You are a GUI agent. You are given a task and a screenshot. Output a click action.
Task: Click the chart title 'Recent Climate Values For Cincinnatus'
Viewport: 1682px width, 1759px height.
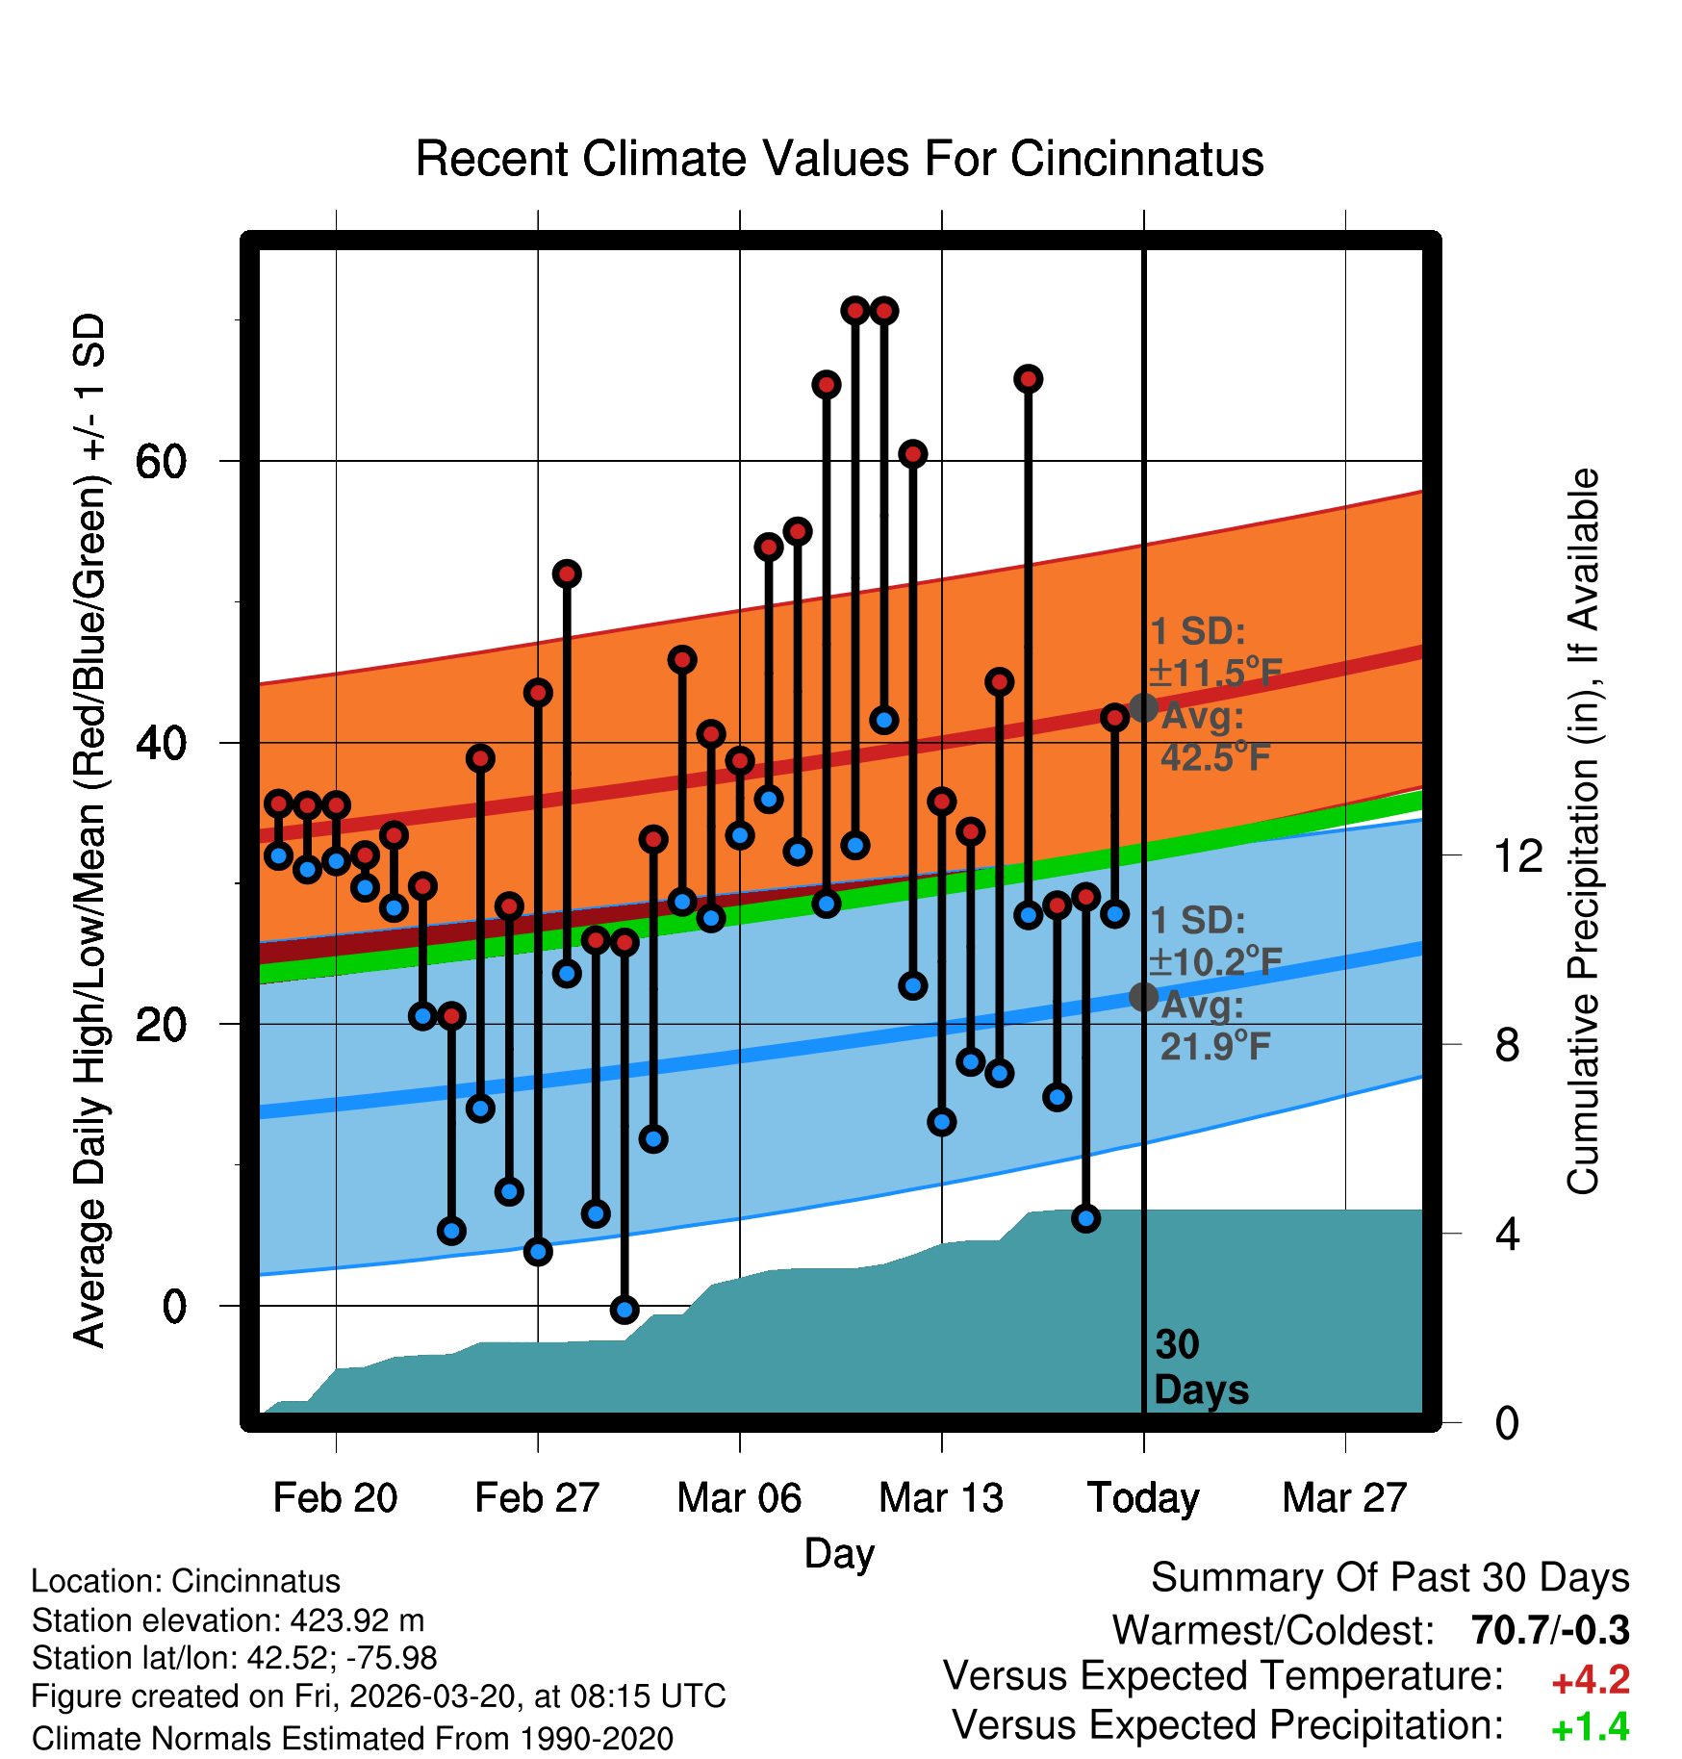click(839, 159)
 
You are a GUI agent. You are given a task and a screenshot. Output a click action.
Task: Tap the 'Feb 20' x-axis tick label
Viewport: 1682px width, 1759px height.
click(335, 1498)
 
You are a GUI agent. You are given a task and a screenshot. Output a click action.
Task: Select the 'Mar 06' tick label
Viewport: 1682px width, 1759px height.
click(739, 1498)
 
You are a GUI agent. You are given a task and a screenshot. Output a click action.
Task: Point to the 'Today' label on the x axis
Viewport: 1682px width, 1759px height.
click(1143, 1498)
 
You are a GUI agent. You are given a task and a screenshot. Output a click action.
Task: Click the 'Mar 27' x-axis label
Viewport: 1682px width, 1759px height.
click(1344, 1498)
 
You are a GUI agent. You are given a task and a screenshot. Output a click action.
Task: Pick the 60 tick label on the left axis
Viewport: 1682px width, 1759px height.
click(161, 462)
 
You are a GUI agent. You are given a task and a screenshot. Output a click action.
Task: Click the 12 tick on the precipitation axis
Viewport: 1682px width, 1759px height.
click(1518, 855)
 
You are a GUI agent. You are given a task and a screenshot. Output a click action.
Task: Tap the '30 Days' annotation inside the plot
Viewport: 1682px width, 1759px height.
click(1200, 1367)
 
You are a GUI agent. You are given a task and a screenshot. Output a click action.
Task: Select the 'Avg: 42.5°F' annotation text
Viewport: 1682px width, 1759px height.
click(1214, 737)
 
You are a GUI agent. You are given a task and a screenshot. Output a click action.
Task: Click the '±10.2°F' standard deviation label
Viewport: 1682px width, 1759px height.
click(1215, 961)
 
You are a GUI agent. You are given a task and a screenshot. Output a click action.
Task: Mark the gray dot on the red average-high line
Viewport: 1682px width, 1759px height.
click(1143, 707)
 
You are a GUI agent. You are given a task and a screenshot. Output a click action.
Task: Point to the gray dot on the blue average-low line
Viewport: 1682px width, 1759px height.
click(1143, 997)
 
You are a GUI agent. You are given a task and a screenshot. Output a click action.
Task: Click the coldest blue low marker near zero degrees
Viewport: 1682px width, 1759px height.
click(624, 1309)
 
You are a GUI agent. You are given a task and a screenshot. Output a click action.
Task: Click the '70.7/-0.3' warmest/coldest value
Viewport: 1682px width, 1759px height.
click(1550, 1631)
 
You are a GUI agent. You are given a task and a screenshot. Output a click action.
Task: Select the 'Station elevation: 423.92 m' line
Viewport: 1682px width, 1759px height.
click(228, 1620)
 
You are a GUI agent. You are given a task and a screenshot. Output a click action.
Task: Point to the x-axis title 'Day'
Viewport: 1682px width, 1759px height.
click(839, 1554)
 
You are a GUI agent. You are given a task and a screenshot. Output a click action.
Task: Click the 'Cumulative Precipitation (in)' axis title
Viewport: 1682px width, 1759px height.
click(1583, 831)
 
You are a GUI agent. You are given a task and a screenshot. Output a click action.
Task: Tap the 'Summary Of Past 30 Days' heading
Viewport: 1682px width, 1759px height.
click(1389, 1578)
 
